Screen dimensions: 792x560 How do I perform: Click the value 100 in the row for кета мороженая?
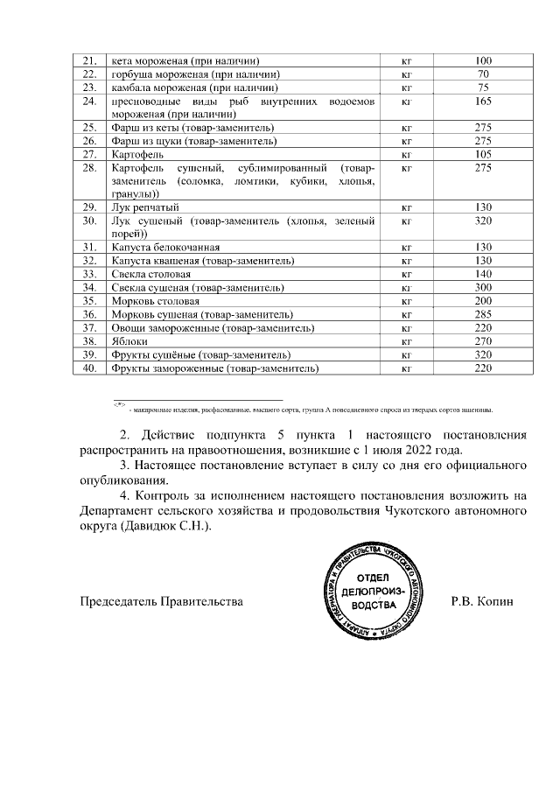pos(483,61)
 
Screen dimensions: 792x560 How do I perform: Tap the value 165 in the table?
pos(483,102)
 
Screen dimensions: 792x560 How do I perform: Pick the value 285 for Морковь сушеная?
pos(483,314)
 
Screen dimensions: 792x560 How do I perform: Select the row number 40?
pos(87,368)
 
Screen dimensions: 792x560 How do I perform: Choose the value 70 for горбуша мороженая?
pos(483,74)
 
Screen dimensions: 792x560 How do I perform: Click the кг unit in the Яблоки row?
pos(405,341)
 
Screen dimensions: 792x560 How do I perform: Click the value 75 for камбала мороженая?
pos(483,88)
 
